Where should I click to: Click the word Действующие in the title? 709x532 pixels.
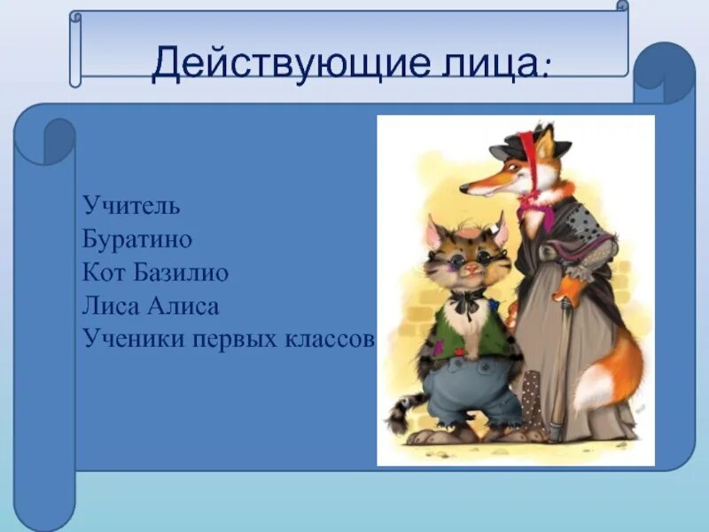291,63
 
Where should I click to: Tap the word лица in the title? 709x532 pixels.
489,64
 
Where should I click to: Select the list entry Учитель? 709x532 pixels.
131,205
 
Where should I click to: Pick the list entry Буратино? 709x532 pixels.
137,239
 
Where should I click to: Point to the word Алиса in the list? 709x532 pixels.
183,306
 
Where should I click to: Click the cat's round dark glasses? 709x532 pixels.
471,260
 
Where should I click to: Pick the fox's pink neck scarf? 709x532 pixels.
538,208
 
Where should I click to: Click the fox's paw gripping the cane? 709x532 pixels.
570,290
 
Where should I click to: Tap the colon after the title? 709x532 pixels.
546,70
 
